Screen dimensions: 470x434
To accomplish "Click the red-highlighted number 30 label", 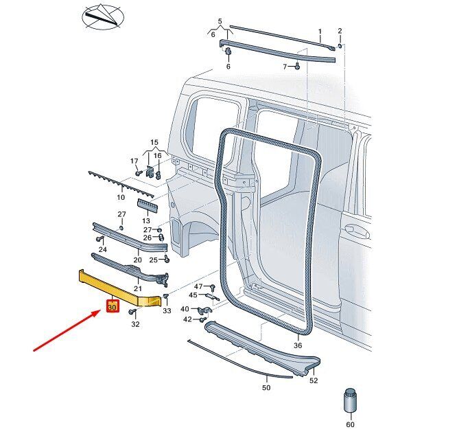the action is [x=113, y=307].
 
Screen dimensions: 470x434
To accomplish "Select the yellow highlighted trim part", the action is [x=120, y=289].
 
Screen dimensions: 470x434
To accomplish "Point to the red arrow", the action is [x=67, y=330].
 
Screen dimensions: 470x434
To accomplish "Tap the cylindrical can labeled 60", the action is [x=350, y=401].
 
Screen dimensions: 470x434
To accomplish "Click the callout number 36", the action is [x=297, y=345].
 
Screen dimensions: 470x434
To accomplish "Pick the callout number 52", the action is [x=314, y=380].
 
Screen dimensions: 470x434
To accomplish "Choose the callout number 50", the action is [x=266, y=387].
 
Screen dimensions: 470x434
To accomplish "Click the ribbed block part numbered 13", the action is [x=148, y=206].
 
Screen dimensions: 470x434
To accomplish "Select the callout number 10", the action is [x=121, y=197].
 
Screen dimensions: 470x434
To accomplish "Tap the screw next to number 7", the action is [x=297, y=67].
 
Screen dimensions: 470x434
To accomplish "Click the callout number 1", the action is [x=320, y=32].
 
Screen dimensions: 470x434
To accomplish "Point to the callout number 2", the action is [x=340, y=31].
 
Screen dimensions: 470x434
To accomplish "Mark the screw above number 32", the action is [x=132, y=312].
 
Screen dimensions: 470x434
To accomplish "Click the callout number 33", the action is [x=167, y=310].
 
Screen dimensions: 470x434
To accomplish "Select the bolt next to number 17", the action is [x=139, y=173].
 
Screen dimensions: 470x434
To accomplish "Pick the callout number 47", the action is [x=198, y=286].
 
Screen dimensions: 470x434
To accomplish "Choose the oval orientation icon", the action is [x=103, y=17].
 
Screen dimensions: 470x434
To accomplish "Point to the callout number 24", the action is [x=103, y=249].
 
